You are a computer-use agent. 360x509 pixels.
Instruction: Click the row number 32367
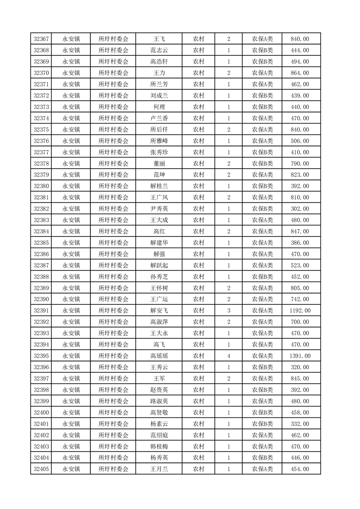[x=41, y=39]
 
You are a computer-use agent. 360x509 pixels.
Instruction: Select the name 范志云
[x=159, y=50]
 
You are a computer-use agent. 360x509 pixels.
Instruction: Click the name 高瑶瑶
[x=159, y=356]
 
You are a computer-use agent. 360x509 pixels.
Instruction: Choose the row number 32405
[x=41, y=469]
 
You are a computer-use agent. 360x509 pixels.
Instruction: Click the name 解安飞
[x=159, y=311]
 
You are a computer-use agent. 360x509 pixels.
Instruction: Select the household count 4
[x=228, y=356]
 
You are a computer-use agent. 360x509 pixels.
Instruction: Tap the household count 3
[x=228, y=311]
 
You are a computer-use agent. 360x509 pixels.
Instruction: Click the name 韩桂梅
[x=159, y=446]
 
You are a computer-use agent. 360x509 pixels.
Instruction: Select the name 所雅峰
[x=159, y=141]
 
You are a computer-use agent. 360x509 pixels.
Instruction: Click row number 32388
[x=41, y=277]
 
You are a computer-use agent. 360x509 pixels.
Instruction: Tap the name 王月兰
[x=159, y=469]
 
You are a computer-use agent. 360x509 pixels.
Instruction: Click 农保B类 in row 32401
[x=262, y=424]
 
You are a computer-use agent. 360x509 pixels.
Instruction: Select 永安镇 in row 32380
[x=71, y=186]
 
